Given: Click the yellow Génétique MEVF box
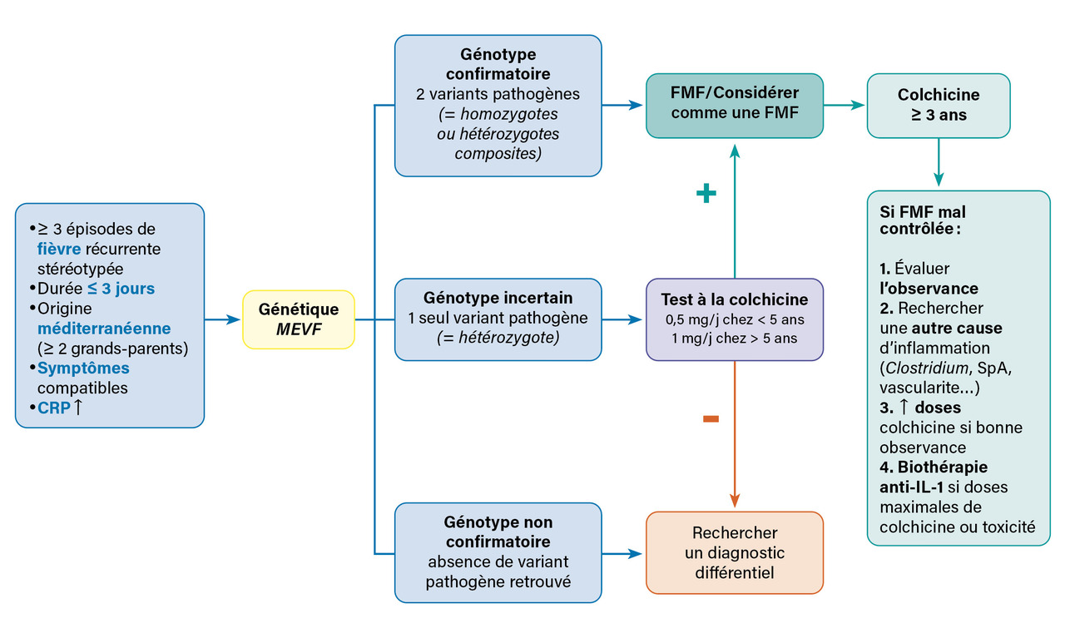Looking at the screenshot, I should point(299,319).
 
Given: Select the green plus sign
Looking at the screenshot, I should point(706,194).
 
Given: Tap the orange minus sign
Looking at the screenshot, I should point(711,419).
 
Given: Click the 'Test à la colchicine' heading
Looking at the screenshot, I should point(734,299).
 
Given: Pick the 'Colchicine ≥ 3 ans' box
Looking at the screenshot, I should point(938,105).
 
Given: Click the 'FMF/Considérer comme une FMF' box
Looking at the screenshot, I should point(734,105).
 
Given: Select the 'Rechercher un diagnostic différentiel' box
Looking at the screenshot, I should point(734,552).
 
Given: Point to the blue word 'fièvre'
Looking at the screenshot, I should point(58,248).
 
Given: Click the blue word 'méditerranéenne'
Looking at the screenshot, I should point(104,328).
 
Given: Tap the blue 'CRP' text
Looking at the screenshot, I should point(53,408).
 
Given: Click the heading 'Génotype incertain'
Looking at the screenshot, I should point(498,297).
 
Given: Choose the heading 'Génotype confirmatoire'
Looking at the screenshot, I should point(498,63).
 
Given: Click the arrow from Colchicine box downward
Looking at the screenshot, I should point(939,162).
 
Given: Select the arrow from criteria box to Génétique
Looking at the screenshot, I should point(223,319).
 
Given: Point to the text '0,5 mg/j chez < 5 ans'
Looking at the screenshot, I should point(734,319).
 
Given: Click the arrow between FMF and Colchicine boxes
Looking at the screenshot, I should point(845,105).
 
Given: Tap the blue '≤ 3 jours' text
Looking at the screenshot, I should point(121,288).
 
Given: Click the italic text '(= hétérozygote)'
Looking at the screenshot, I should point(498,338).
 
